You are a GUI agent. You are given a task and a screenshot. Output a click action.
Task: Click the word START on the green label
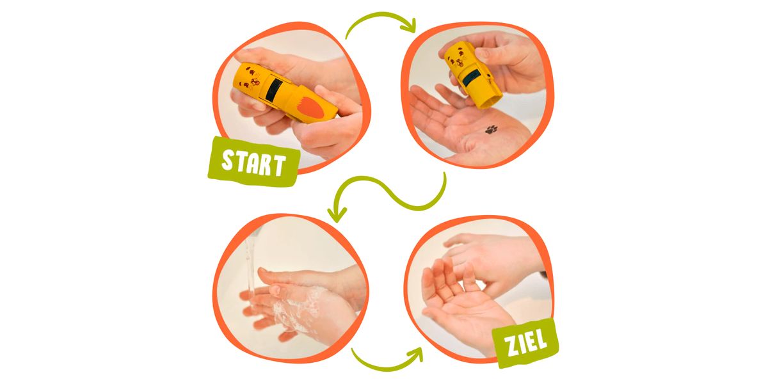(x=253, y=164)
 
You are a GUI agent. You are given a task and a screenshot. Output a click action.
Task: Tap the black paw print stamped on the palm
(x=492, y=129)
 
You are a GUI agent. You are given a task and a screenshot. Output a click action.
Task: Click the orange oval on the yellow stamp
(x=310, y=108)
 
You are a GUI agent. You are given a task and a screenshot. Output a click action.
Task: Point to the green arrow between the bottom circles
(x=387, y=368)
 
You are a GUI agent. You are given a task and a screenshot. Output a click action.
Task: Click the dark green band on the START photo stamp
(x=275, y=90)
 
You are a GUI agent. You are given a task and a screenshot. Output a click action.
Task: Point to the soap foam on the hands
(x=298, y=308)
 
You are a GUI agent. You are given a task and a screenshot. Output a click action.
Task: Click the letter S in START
(x=227, y=160)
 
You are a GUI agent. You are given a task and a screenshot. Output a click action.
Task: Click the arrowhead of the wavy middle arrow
(x=337, y=214)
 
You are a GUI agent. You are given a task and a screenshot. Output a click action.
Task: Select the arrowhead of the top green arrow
(x=409, y=26)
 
